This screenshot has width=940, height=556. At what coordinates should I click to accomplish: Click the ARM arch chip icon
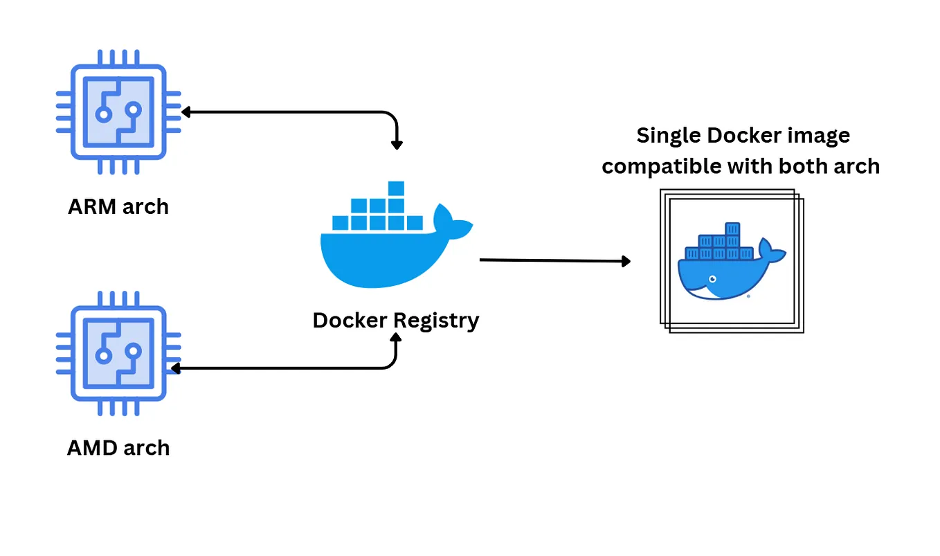118,111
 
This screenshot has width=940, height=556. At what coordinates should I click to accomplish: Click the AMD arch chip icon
118,352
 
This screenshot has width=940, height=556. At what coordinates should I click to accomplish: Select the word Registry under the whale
436,321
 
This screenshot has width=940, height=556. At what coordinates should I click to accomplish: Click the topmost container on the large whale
396,188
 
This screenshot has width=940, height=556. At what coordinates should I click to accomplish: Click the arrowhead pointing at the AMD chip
175,368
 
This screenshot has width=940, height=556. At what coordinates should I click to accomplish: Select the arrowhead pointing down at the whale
397,145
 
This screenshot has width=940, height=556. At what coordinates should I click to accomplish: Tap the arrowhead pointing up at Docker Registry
397,337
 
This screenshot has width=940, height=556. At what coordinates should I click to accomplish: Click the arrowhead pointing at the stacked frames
626,261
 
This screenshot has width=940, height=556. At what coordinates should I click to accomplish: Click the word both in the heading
803,166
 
